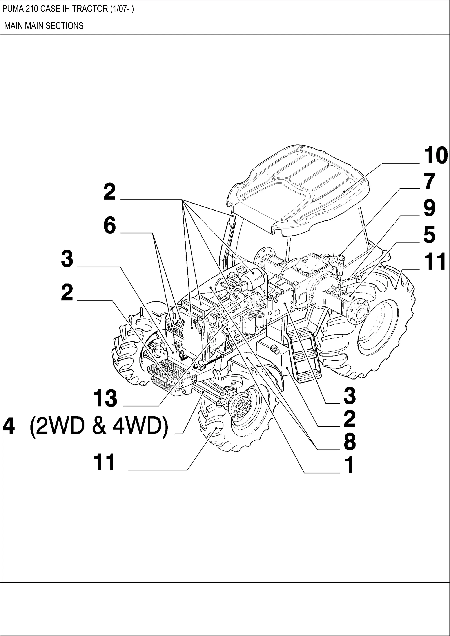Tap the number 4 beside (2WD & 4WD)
(8, 427)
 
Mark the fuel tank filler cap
(274, 349)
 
